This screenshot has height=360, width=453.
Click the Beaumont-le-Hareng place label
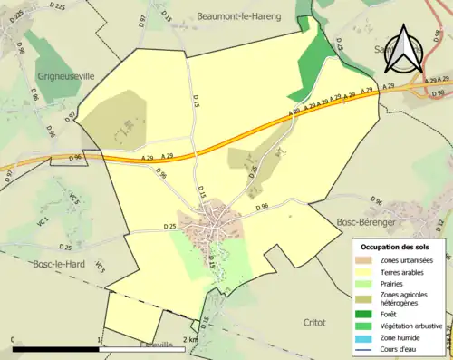[x=238, y=16]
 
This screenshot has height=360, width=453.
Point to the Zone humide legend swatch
[x=371, y=335]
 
